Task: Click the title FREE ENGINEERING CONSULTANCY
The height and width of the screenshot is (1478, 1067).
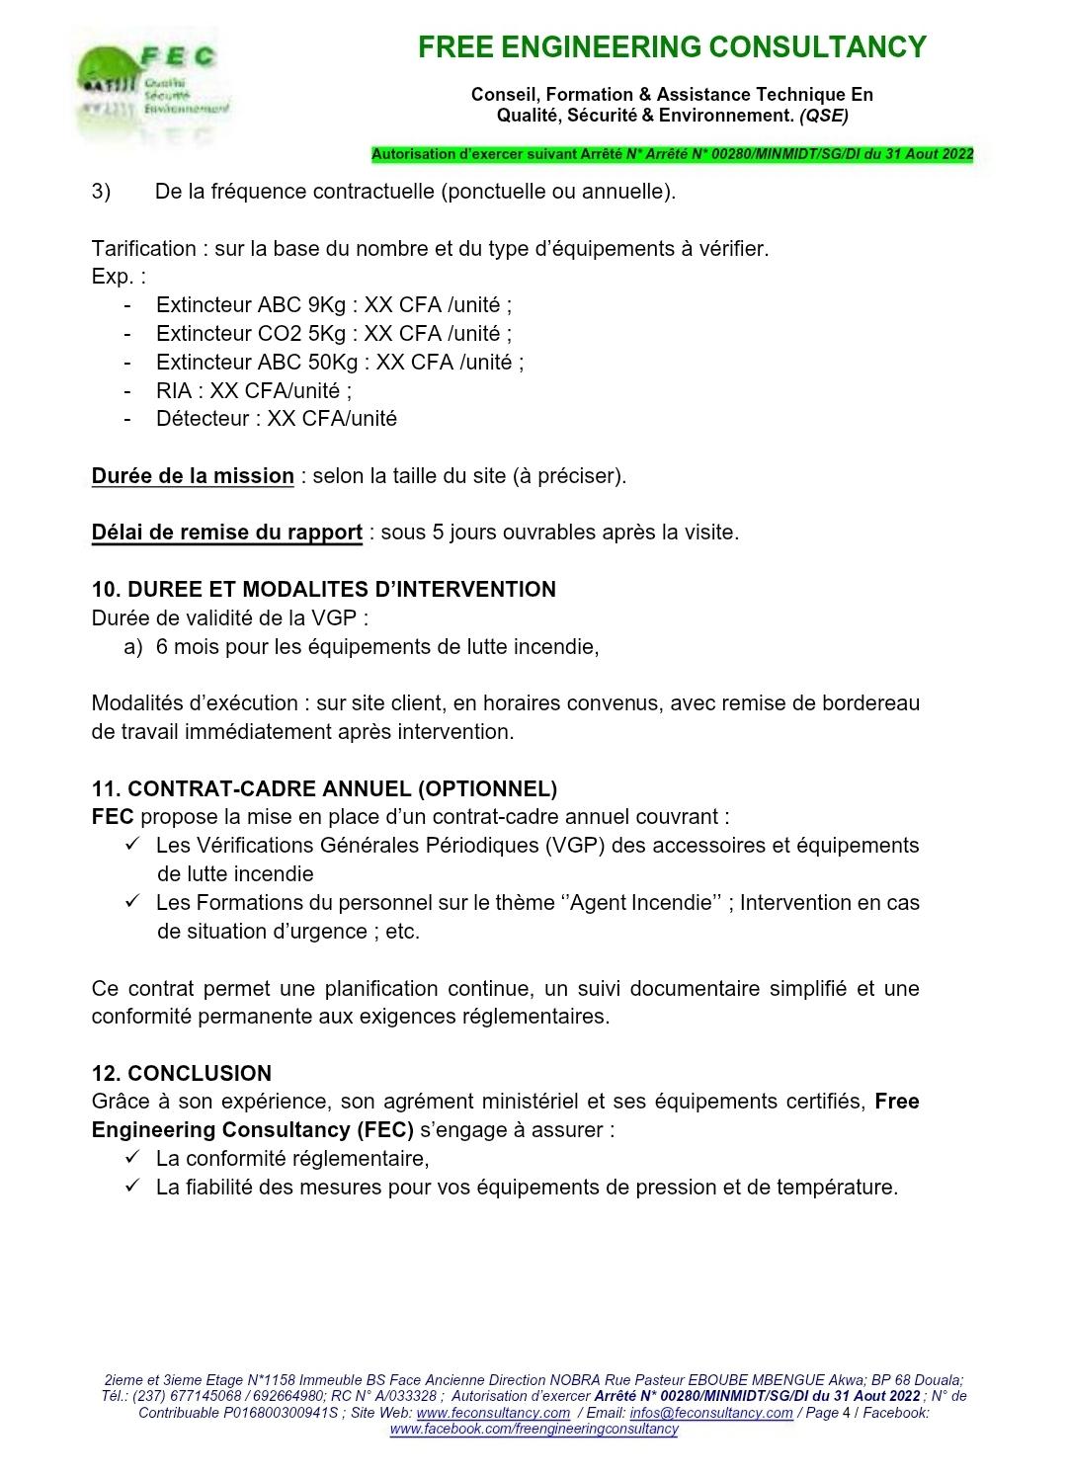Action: pyautogui.click(x=672, y=46)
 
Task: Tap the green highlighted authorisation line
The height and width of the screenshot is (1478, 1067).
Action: pyautogui.click(x=672, y=154)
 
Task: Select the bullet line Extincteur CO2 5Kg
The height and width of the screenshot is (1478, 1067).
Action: pyautogui.click(x=333, y=333)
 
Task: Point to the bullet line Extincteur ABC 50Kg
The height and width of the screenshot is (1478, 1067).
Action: pyautogui.click(x=339, y=362)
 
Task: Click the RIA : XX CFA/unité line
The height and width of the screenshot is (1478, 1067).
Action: pyautogui.click(x=253, y=390)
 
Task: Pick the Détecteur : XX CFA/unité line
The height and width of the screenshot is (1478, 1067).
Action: pyautogui.click(x=276, y=419)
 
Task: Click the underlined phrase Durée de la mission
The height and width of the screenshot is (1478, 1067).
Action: pyautogui.click(x=193, y=476)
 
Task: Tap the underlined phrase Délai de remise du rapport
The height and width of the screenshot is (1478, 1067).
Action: pyautogui.click(x=226, y=533)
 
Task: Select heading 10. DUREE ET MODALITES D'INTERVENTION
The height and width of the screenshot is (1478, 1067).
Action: pyautogui.click(x=323, y=590)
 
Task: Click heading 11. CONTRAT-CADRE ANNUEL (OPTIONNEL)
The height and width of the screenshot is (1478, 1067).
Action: pyautogui.click(x=324, y=788)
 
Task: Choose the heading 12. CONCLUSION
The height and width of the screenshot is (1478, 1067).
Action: pyautogui.click(x=181, y=1073)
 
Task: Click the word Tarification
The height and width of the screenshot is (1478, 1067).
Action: pyautogui.click(x=144, y=249)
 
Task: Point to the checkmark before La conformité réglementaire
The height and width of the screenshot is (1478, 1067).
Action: pyautogui.click(x=132, y=1158)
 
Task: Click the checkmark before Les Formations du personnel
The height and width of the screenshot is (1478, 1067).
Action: pyautogui.click(x=132, y=902)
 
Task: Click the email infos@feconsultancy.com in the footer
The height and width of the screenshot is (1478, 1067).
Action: pyautogui.click(x=711, y=1413)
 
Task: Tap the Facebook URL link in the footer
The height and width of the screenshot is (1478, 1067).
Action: pyautogui.click(x=533, y=1430)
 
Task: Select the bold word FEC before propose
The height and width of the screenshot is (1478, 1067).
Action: pyautogui.click(x=113, y=817)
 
